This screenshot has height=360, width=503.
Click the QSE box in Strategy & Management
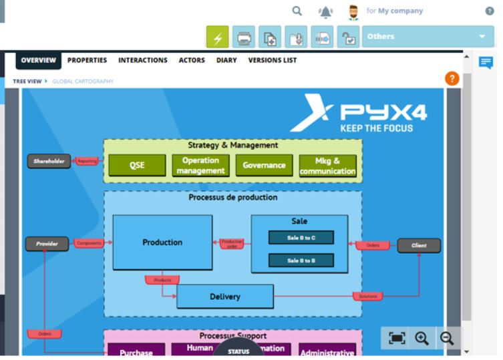coord(137,166)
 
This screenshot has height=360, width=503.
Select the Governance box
coord(264,166)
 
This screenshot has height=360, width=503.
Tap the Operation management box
coord(200,166)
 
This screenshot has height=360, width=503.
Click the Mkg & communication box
coord(327,166)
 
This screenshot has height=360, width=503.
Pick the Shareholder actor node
coord(49,161)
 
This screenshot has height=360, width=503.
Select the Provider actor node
coord(47,244)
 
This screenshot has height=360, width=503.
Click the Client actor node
coord(419,245)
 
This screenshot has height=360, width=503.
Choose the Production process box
coord(162,242)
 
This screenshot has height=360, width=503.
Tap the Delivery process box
coord(225,297)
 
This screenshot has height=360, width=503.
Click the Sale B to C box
coord(301,237)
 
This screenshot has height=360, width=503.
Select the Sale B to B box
coord(301,260)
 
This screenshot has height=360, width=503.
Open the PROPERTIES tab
coord(87,60)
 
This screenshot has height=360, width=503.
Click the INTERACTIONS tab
coord(143,60)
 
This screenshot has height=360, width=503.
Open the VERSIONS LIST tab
coord(273,60)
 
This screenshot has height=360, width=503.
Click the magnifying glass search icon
coord(298,11)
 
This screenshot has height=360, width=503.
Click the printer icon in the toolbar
coord(244,37)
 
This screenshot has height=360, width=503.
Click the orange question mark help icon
coord(452,79)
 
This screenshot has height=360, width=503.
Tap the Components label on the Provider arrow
coord(89,244)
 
